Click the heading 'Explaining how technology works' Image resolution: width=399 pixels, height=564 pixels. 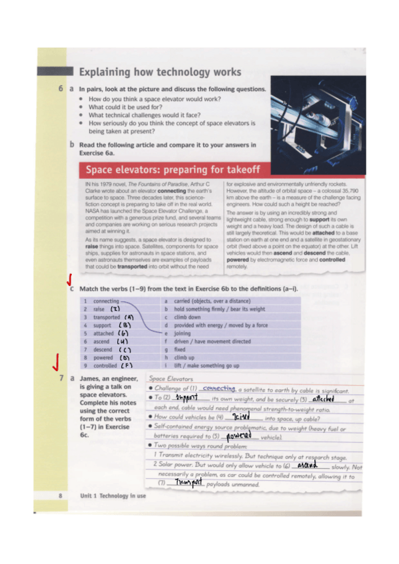[160, 72]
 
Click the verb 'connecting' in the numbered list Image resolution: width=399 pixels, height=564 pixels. [107, 301]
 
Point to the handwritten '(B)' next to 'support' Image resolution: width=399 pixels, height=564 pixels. [125, 326]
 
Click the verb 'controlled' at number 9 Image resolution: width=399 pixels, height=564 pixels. [105, 365]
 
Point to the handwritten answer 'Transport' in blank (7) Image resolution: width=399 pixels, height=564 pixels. [188, 482]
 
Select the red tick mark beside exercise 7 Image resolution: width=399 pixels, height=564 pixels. [57, 362]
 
